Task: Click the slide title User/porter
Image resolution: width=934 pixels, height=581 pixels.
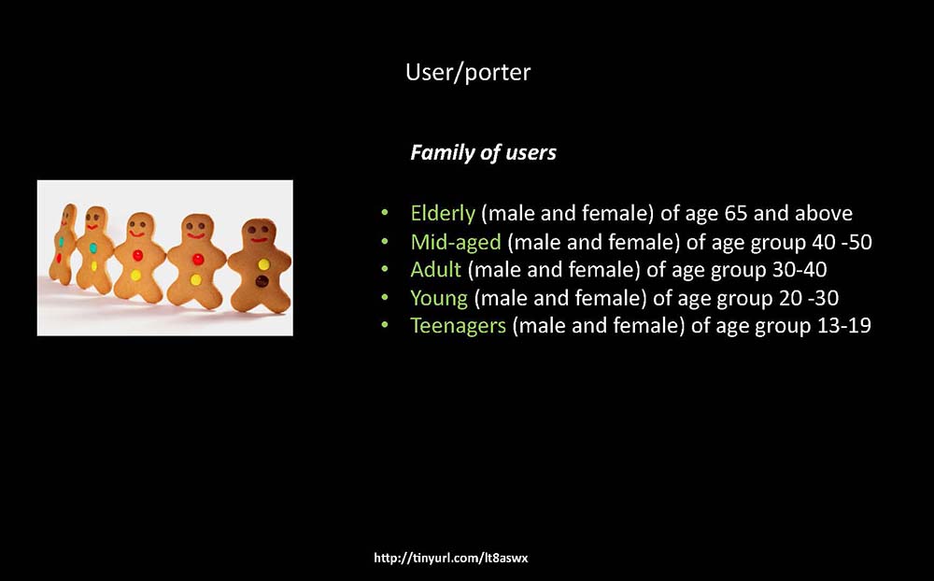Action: click(468, 72)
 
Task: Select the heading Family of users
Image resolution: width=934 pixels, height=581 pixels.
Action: click(483, 152)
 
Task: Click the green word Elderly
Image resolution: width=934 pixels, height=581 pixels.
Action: click(443, 213)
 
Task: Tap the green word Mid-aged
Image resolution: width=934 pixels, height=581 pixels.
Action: click(456, 242)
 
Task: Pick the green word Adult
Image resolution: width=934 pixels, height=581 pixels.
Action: click(435, 269)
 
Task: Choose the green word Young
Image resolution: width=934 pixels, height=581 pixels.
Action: click(439, 298)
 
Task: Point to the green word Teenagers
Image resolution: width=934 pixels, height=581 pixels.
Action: click(458, 325)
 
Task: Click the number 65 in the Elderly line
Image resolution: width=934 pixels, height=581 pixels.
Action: click(736, 213)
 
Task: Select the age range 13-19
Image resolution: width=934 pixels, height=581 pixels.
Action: click(843, 325)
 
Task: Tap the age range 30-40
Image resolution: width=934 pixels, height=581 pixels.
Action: click(800, 269)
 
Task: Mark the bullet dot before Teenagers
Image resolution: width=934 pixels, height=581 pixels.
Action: click(385, 325)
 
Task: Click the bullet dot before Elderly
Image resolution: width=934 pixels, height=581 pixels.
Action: click(385, 212)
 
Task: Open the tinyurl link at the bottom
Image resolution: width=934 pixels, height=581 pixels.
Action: click(451, 558)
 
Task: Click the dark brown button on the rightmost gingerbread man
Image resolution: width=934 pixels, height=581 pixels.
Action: click(262, 281)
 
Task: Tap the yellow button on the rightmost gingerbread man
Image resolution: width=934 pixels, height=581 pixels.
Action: click(263, 264)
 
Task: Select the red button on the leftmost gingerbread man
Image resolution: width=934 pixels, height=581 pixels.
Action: click(59, 258)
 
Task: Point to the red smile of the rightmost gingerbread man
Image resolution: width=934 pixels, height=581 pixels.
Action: click(259, 240)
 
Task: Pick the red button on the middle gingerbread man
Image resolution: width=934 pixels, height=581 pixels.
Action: click(137, 255)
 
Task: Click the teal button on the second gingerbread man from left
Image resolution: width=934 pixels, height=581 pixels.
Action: click(92, 248)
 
